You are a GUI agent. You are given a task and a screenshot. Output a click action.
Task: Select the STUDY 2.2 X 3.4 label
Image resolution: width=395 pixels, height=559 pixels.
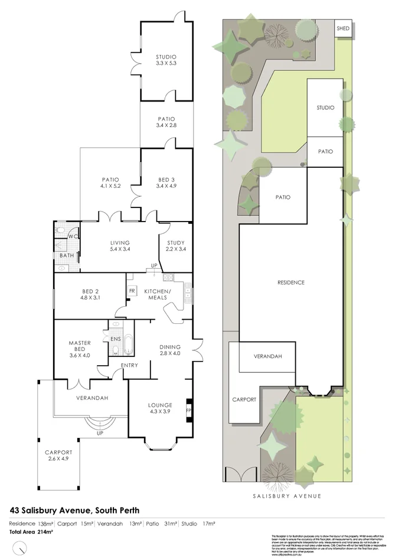click(x=175, y=246)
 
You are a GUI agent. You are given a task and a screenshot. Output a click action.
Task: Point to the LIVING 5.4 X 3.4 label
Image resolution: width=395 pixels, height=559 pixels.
click(x=120, y=246)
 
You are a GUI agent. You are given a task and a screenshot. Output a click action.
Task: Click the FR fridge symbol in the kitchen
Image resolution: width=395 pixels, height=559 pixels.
click(x=132, y=291)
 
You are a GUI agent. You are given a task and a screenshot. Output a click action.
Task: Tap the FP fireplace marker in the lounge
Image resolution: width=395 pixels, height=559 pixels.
click(x=189, y=409)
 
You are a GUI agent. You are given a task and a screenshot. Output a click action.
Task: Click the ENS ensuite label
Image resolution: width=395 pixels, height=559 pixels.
click(x=116, y=339)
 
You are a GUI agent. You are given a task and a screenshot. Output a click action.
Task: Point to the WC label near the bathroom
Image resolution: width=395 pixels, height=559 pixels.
click(x=72, y=237)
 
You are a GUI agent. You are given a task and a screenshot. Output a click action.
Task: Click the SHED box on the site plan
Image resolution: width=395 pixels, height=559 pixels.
click(x=342, y=28)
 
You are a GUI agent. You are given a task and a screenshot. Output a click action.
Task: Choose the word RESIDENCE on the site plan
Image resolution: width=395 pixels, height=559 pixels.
click(x=290, y=282)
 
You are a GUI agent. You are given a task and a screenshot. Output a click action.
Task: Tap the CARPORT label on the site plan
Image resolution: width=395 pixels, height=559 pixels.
click(x=244, y=399)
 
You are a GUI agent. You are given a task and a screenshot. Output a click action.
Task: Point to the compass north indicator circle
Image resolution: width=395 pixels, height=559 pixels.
click(x=21, y=550)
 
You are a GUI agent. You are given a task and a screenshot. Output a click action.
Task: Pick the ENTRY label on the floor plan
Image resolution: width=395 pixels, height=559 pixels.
click(x=129, y=365)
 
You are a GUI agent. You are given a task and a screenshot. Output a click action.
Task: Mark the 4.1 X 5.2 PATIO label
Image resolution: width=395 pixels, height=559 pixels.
click(x=110, y=183)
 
